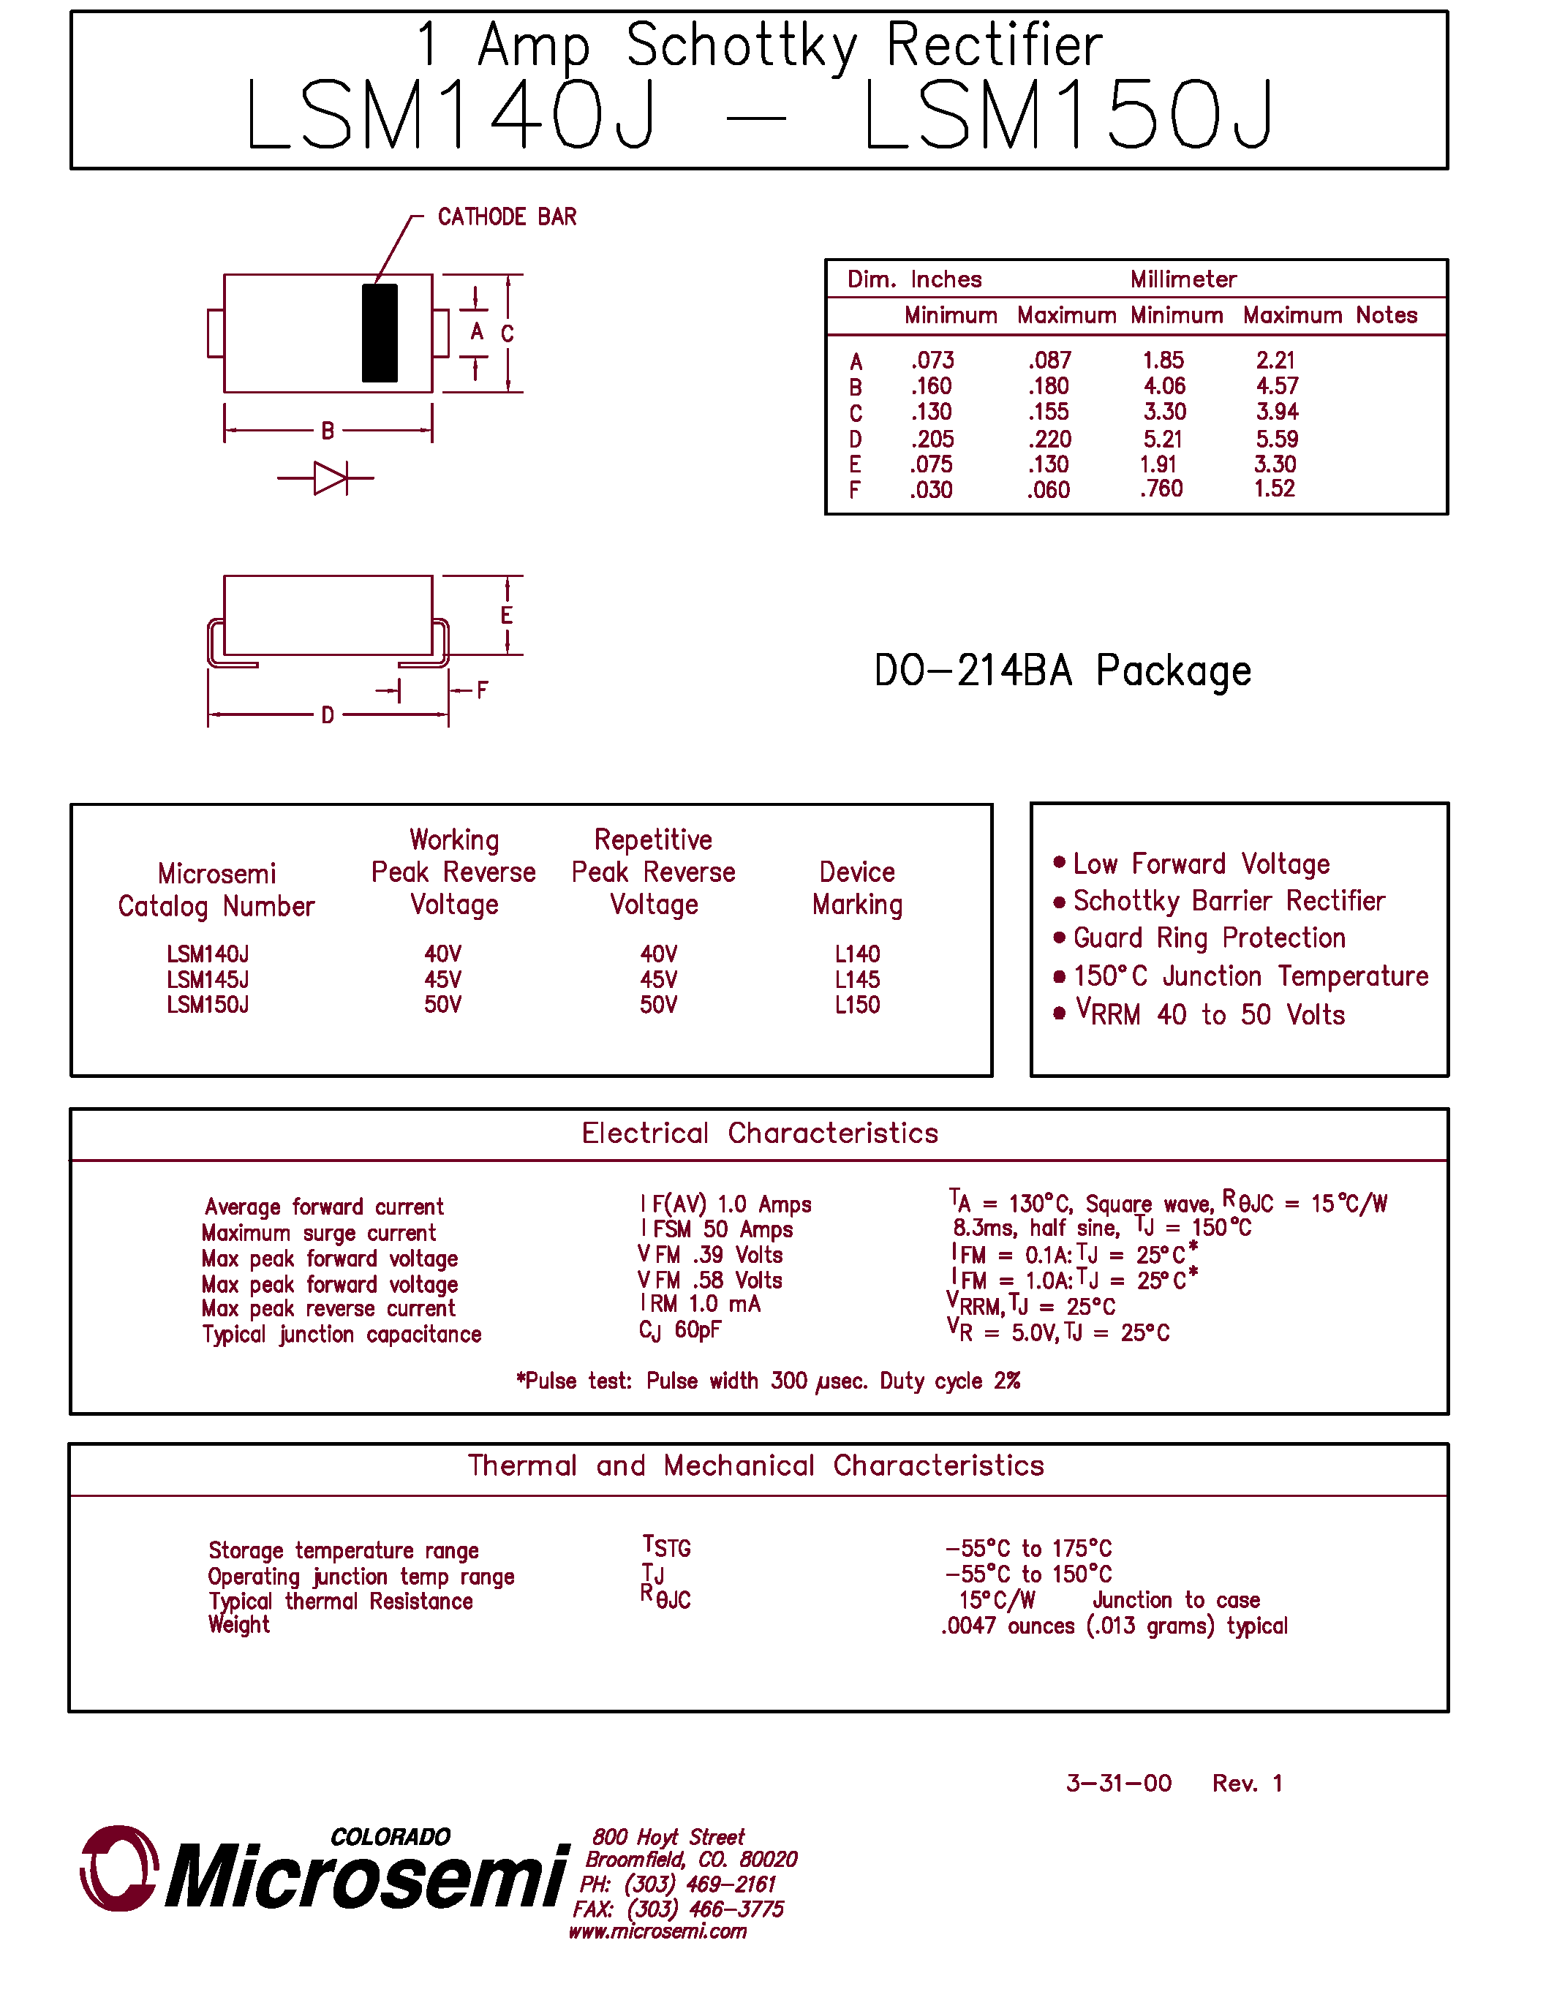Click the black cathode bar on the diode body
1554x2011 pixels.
pos(380,333)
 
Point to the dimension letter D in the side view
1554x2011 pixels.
pos(328,715)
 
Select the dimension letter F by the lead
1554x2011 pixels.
pos(483,690)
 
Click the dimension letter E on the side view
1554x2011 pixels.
pos(506,615)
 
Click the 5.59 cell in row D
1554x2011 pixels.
pos(1277,439)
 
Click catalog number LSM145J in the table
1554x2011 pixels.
pos(208,980)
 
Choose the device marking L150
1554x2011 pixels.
pos(857,1005)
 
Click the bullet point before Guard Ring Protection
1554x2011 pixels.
pos(1059,937)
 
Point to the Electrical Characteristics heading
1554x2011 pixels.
pos(760,1133)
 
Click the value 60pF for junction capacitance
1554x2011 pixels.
pos(698,1330)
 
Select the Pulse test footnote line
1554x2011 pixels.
pos(768,1381)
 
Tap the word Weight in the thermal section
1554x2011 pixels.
pos(239,1625)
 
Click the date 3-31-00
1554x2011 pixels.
pos(1119,1784)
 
